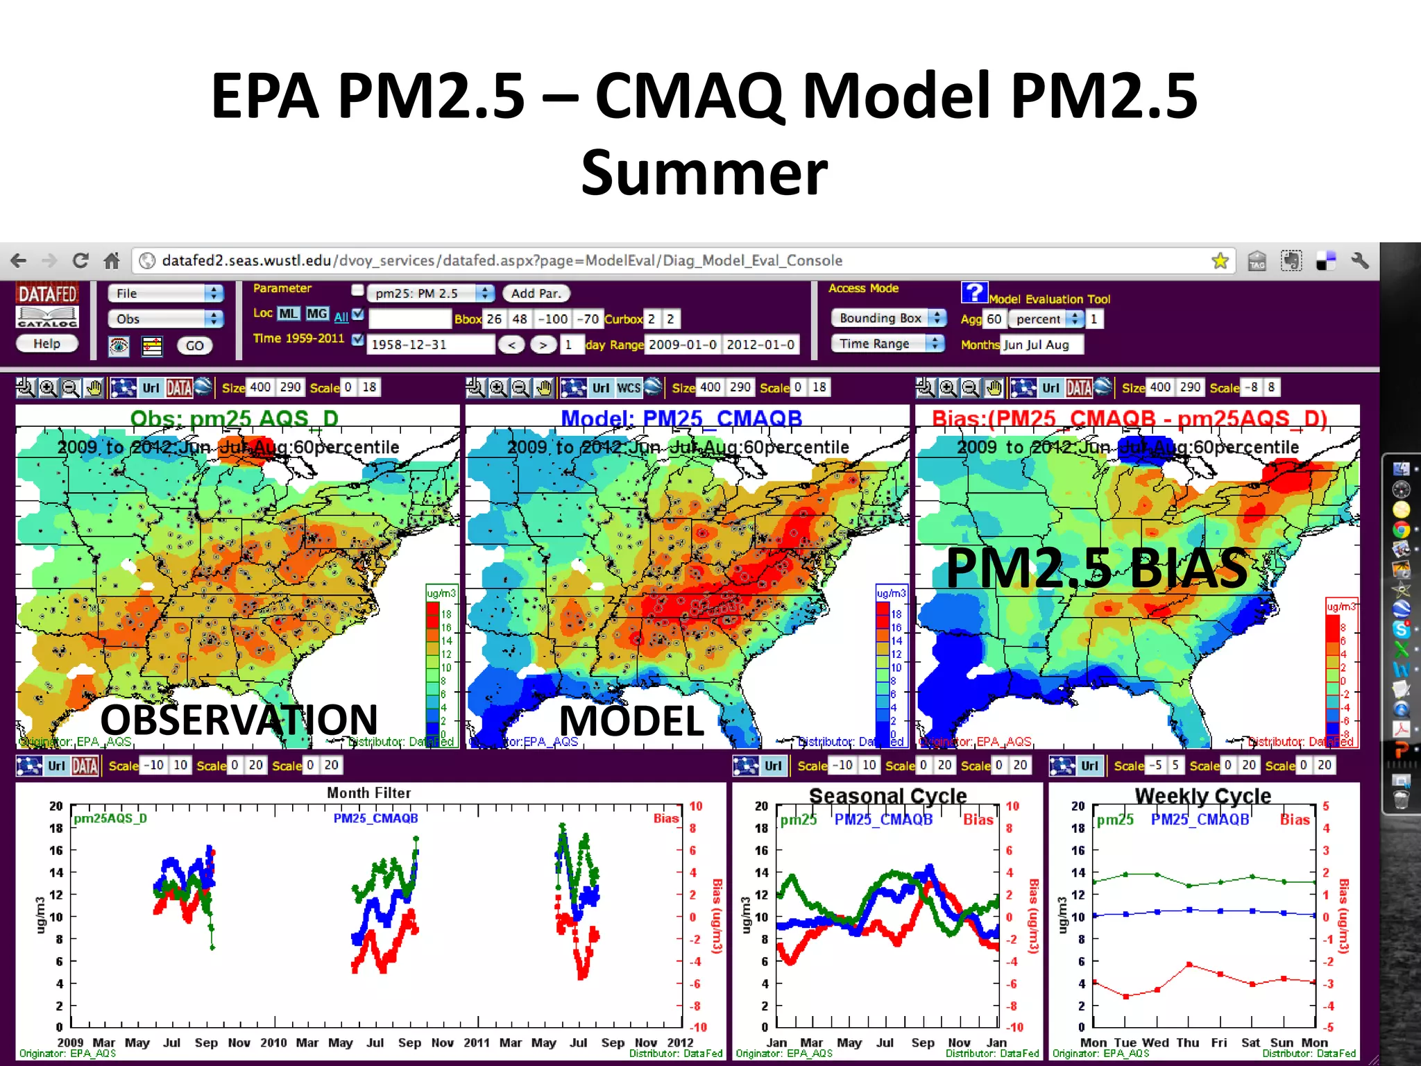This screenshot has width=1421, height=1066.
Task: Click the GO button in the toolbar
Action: (194, 346)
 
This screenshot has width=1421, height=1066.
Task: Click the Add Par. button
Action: (536, 294)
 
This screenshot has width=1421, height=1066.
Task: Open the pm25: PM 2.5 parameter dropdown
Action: (430, 294)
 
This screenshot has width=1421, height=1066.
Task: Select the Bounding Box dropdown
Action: (888, 318)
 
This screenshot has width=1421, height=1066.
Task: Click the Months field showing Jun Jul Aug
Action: (1041, 345)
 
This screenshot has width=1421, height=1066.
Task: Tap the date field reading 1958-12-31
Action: (430, 344)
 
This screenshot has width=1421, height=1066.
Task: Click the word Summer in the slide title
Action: (704, 174)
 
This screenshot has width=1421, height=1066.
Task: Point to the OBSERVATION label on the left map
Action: (239, 719)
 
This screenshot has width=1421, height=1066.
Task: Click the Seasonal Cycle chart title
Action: (887, 796)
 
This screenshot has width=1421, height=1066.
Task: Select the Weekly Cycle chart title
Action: (1202, 796)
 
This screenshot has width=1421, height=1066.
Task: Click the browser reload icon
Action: (80, 261)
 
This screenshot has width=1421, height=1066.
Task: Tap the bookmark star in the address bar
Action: (1219, 261)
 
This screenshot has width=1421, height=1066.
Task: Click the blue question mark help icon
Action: (973, 292)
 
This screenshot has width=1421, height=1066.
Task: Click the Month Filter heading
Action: (368, 793)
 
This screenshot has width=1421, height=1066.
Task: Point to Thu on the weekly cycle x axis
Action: (1187, 1042)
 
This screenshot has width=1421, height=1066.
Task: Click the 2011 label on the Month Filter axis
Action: (477, 1042)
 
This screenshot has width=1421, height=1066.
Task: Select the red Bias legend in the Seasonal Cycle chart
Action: (978, 820)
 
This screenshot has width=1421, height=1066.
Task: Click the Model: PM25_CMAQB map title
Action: (681, 418)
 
